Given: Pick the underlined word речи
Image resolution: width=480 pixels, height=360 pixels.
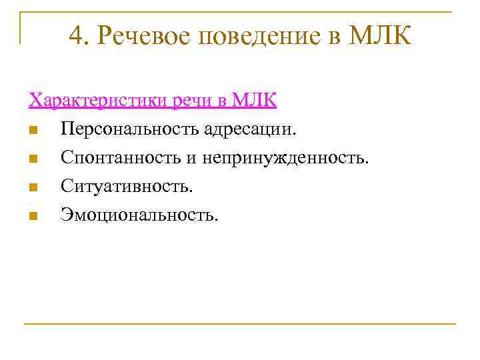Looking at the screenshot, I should [193, 101].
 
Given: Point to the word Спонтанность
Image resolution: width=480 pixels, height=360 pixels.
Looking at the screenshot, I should [113, 157].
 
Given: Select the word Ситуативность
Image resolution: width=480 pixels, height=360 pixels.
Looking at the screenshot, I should [127, 186].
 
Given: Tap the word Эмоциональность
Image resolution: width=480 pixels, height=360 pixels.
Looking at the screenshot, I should [139, 215].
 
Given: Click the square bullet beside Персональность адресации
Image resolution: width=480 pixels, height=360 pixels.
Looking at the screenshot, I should [33, 129].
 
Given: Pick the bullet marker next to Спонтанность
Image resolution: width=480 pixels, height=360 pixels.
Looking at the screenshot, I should [33, 158].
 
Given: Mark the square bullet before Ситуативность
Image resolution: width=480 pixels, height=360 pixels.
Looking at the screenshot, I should [33, 187].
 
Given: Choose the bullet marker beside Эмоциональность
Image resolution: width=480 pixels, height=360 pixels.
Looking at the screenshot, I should [33, 215].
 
